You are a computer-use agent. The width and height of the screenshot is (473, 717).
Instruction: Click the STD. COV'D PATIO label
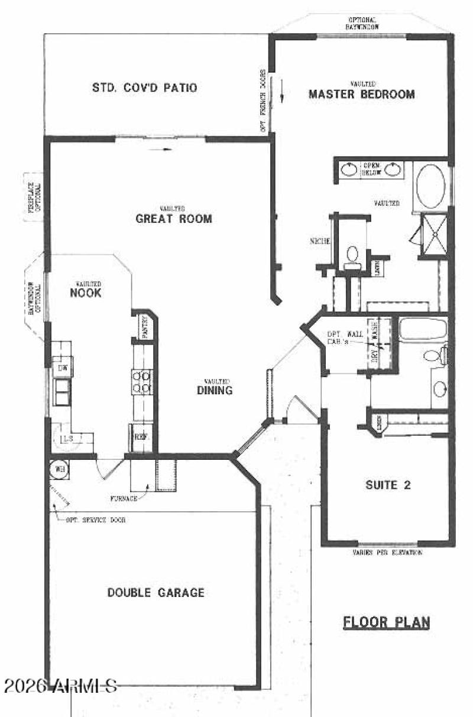pyautogui.click(x=144, y=88)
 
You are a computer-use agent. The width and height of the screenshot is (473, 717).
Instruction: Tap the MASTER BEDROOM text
pyautogui.click(x=361, y=94)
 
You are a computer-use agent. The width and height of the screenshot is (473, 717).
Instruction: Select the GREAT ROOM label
pyautogui.click(x=174, y=219)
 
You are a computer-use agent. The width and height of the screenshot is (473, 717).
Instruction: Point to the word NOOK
pyautogui.click(x=86, y=293)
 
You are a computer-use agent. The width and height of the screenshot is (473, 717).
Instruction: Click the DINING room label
pyautogui.click(x=215, y=390)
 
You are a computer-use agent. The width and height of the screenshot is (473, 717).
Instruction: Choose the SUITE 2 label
pyautogui.click(x=387, y=485)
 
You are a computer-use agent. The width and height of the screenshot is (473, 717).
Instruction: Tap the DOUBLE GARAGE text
pyautogui.click(x=156, y=592)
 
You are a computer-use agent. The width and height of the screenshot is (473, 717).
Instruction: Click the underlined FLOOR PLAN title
pyautogui.click(x=387, y=622)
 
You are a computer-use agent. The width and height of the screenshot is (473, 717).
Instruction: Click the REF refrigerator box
pyautogui.click(x=141, y=437)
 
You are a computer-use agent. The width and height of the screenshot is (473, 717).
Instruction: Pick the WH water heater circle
pyautogui.click(x=59, y=466)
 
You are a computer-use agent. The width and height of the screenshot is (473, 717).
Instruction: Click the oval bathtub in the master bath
pyautogui.click(x=430, y=186)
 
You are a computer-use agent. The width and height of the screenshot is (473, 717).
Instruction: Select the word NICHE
pyautogui.click(x=319, y=241)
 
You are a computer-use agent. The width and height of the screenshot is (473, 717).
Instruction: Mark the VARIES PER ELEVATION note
pyautogui.click(x=387, y=553)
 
